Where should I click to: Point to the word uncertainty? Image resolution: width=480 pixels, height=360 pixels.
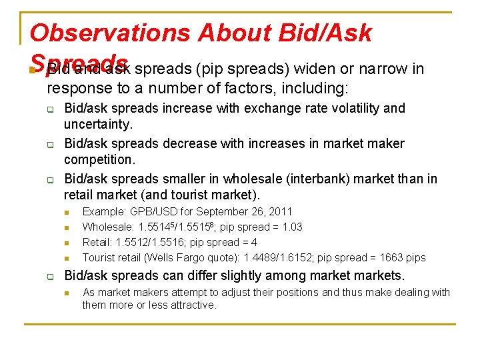tap(98, 125)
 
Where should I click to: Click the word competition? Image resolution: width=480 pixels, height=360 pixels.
tap(98, 160)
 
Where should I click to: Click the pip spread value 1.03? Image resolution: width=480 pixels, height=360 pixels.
tap(291, 227)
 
